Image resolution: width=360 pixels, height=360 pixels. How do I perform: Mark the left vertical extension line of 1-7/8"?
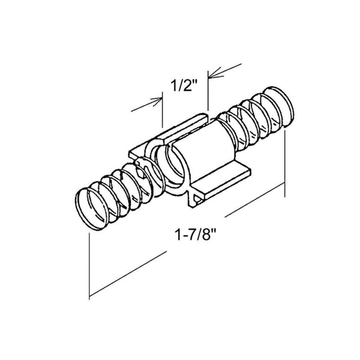click(89, 264)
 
